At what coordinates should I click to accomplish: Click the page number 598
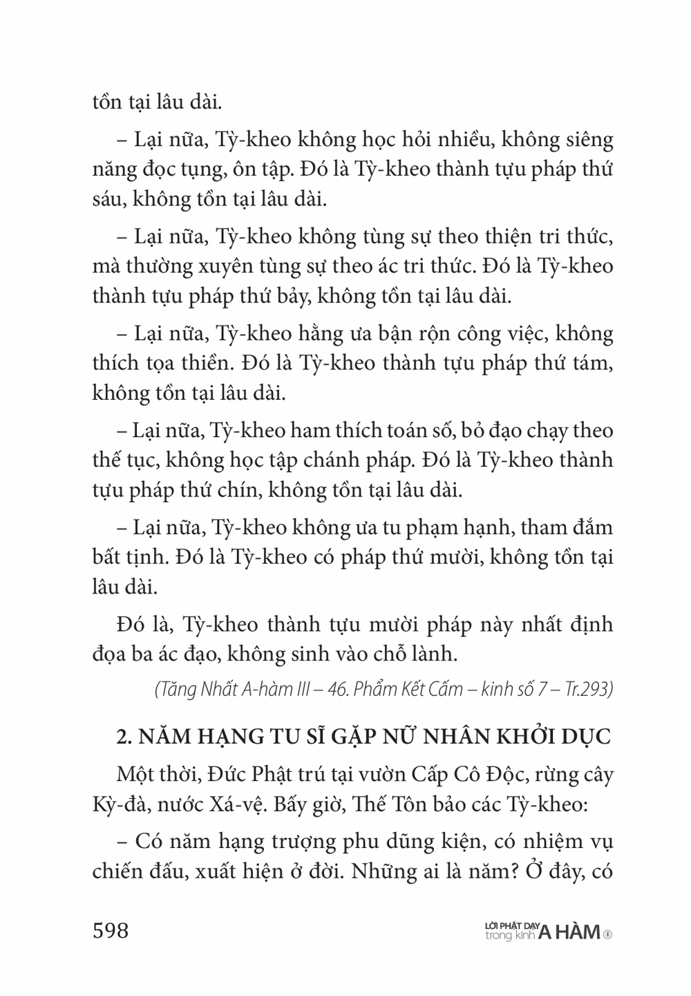(111, 931)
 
